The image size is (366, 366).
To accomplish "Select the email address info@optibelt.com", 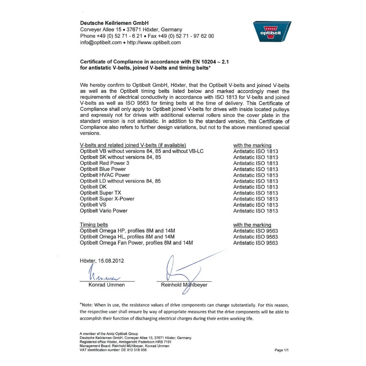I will (100, 42).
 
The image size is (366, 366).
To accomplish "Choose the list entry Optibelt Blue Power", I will (103, 169).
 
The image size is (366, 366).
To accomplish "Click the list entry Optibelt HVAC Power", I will (105, 175).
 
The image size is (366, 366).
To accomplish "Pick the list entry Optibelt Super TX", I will (100, 193).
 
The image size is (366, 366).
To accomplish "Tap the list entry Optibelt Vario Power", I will (104, 211).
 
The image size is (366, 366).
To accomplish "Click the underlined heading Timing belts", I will (94, 225).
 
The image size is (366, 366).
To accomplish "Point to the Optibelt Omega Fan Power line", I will (136, 243).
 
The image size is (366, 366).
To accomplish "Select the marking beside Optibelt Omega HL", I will (255, 237).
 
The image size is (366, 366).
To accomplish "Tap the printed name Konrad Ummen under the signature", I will (107, 285).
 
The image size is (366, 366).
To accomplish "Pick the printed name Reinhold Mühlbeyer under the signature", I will (184, 285).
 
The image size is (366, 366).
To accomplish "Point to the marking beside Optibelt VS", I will (255, 205).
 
